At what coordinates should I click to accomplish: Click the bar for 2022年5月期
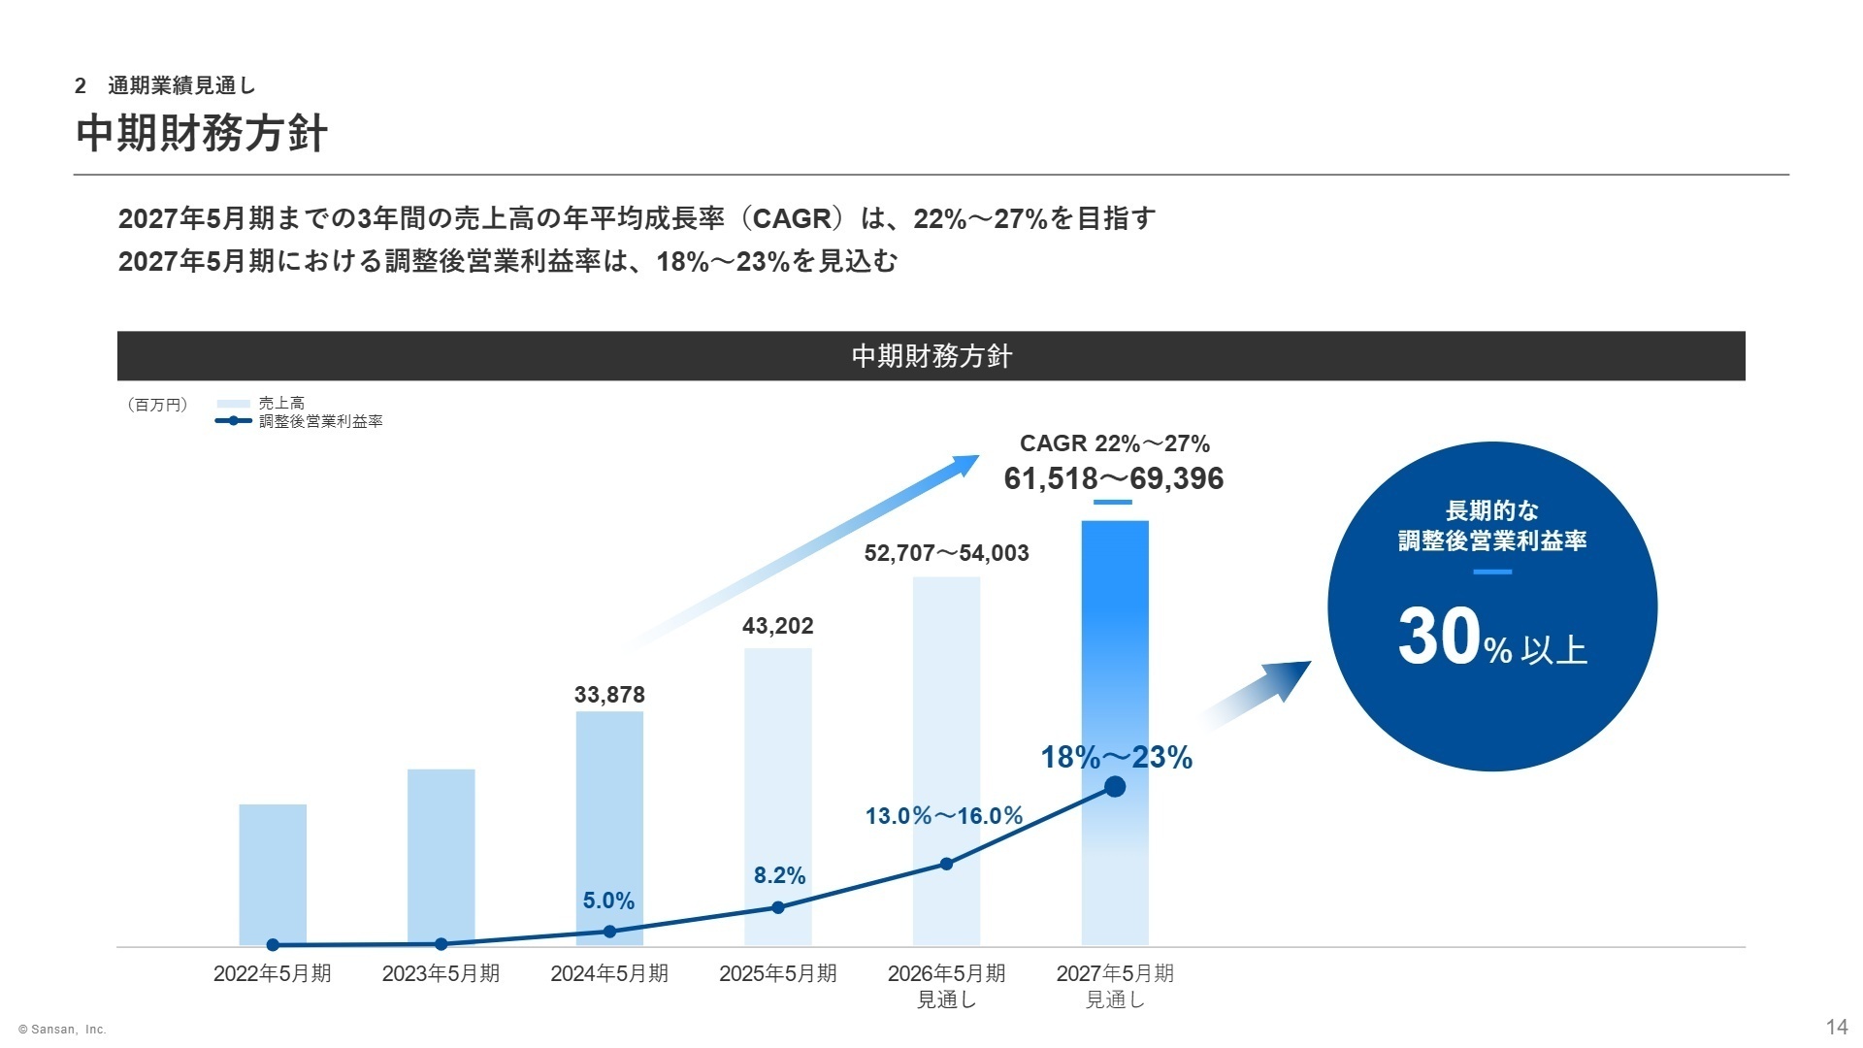[273, 873]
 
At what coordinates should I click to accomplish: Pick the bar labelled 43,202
[778, 796]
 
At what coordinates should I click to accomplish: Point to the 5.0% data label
[608, 901]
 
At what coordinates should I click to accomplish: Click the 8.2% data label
[779, 876]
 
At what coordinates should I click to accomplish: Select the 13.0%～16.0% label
[944, 816]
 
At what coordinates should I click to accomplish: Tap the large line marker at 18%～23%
[1116, 787]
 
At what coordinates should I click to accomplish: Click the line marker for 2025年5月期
[778, 908]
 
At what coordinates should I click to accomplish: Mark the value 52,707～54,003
[946, 553]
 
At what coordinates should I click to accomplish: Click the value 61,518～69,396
[1114, 479]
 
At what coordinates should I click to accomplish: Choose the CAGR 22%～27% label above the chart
[1115, 443]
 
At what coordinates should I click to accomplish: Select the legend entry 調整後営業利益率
[320, 421]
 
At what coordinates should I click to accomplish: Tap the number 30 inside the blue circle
[1439, 638]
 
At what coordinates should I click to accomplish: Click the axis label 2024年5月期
[609, 973]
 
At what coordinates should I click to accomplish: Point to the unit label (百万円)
[157, 405]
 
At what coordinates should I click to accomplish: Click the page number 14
[1836, 1028]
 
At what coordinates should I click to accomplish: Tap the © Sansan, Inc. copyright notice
[62, 1030]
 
